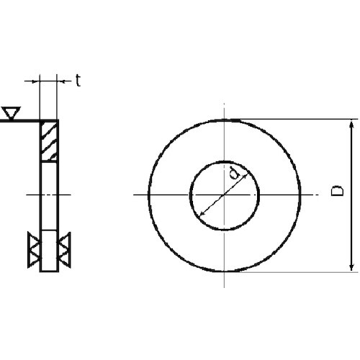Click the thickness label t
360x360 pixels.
click(x=77, y=81)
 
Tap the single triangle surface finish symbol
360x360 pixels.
click(x=11, y=112)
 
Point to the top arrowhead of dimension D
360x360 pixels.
click(x=351, y=125)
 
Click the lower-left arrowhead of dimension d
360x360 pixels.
click(x=201, y=219)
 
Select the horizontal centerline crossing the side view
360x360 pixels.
click(x=49, y=195)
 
